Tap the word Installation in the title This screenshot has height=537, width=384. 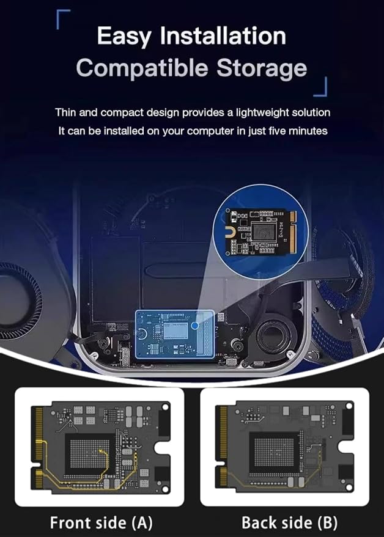[x=223, y=35]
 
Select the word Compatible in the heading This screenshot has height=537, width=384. [x=142, y=67]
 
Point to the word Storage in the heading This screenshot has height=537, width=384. [x=262, y=68]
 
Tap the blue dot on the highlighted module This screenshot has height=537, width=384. [x=194, y=326]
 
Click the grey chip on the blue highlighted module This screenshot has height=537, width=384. [x=175, y=331]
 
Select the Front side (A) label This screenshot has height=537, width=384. [x=101, y=522]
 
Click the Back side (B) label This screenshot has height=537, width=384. [x=289, y=522]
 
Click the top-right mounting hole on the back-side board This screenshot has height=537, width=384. [x=349, y=406]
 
